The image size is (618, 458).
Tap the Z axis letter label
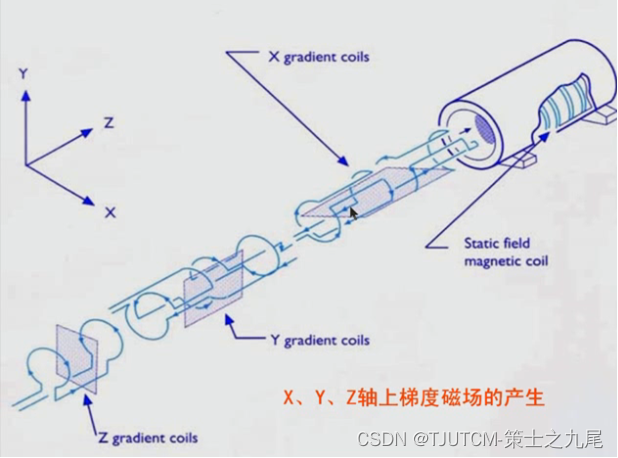point(108,123)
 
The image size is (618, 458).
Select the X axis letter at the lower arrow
point(110,212)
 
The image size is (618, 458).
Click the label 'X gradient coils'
point(317,57)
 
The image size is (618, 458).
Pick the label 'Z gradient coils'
point(147,438)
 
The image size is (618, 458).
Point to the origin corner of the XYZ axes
point(26,163)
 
